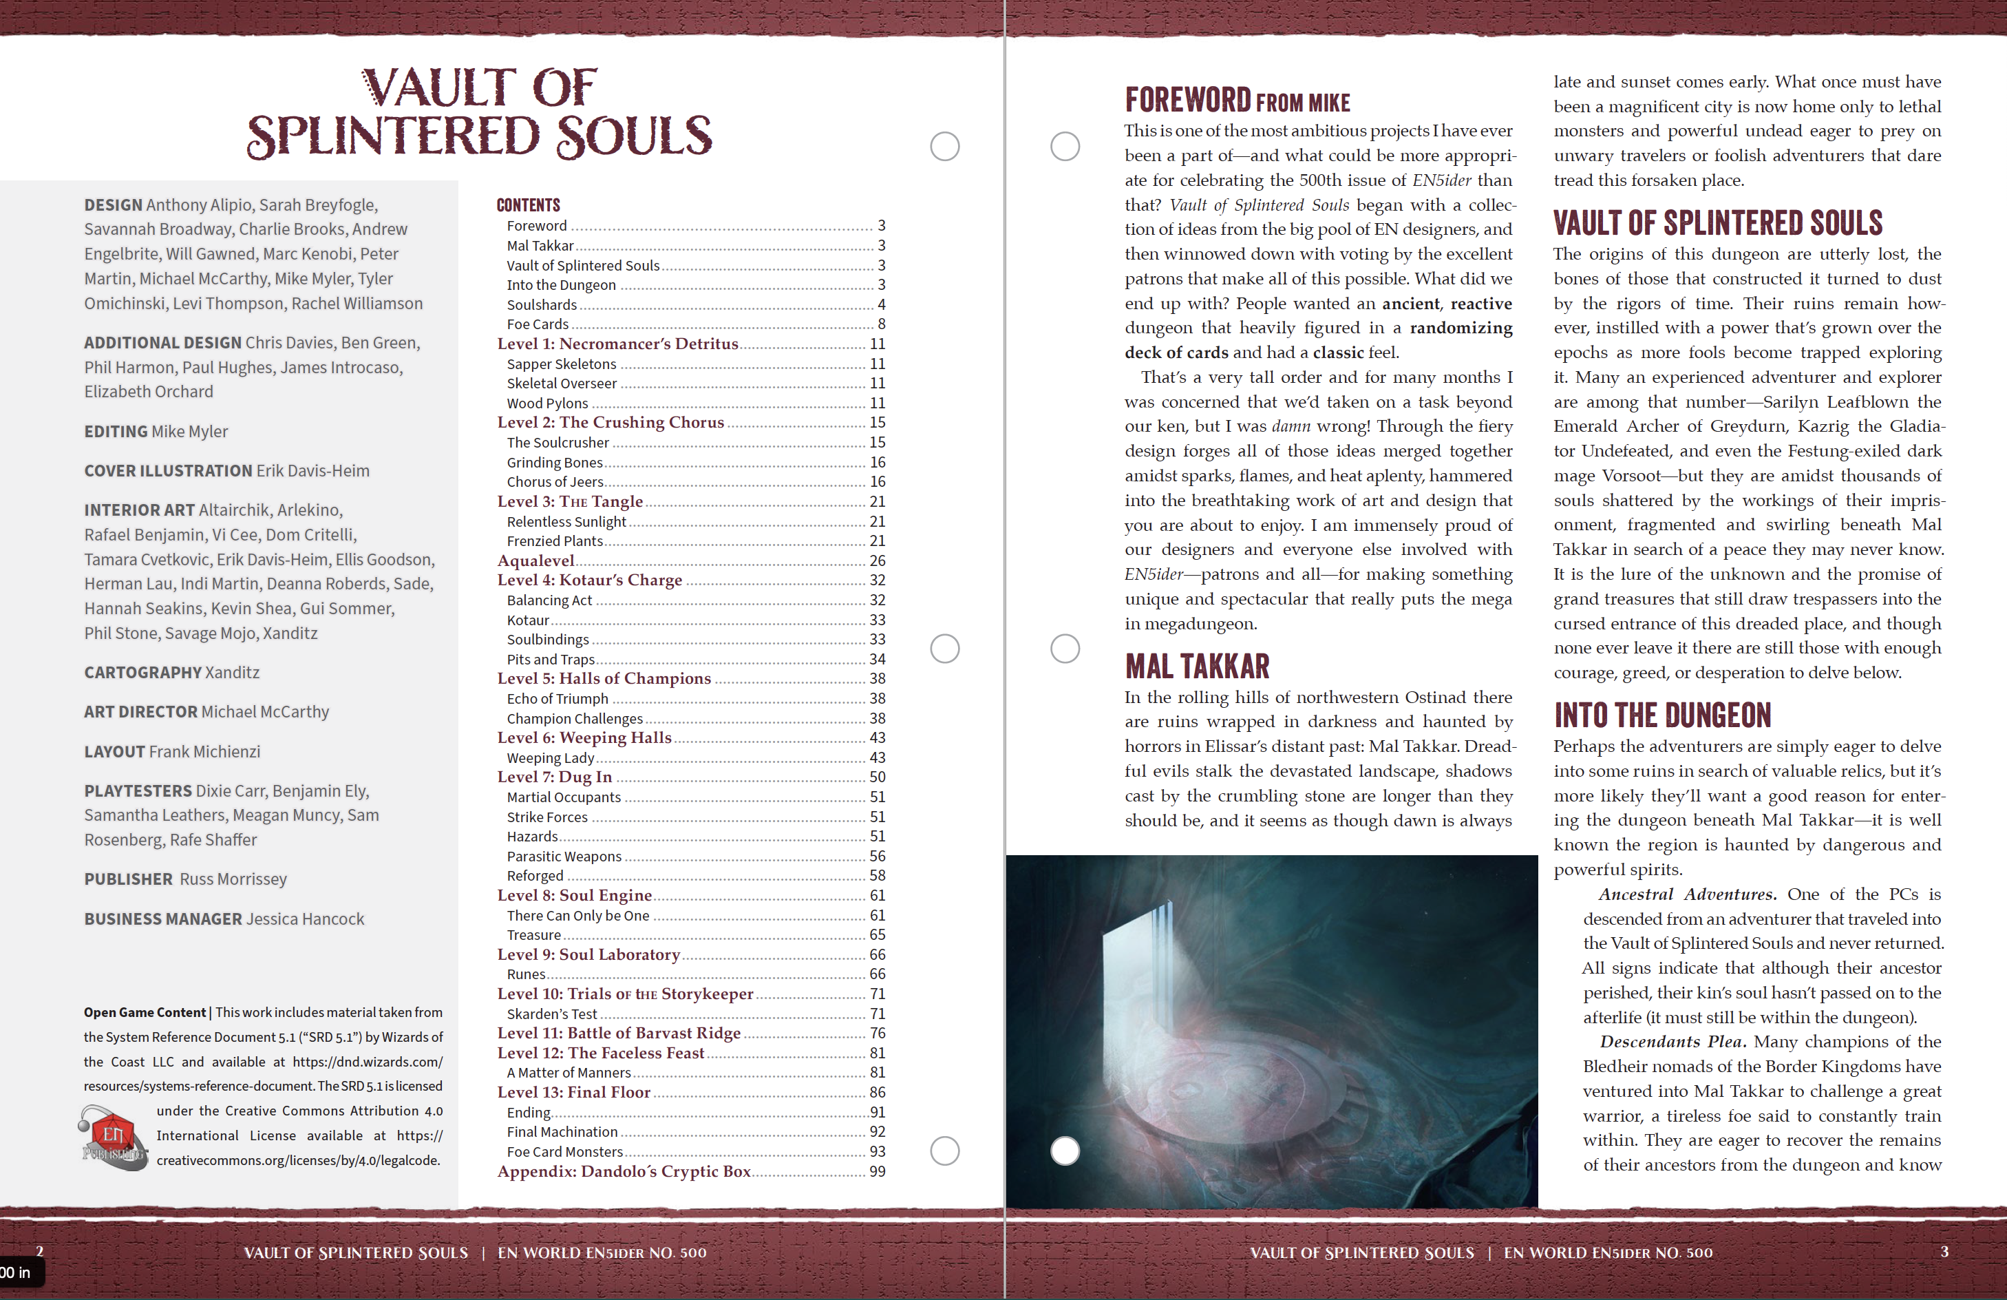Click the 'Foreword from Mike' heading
pos(1236,101)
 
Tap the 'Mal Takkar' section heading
pos(1197,667)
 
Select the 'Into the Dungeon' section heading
pos(1661,715)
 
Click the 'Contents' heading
pos(528,205)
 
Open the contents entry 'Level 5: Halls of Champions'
pos(604,678)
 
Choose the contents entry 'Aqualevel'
pos(535,560)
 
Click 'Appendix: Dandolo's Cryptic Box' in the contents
pos(623,1171)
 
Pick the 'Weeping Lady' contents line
pos(550,757)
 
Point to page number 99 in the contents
pos(877,1171)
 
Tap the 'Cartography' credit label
pos(142,672)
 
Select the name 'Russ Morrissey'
pos(233,879)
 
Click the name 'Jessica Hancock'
pos(306,919)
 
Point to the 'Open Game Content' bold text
pos(145,1012)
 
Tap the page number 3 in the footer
pos(1944,1251)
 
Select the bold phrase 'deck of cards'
pos(1176,353)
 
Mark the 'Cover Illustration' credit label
pos(168,471)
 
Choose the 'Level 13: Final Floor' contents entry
pos(573,1093)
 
